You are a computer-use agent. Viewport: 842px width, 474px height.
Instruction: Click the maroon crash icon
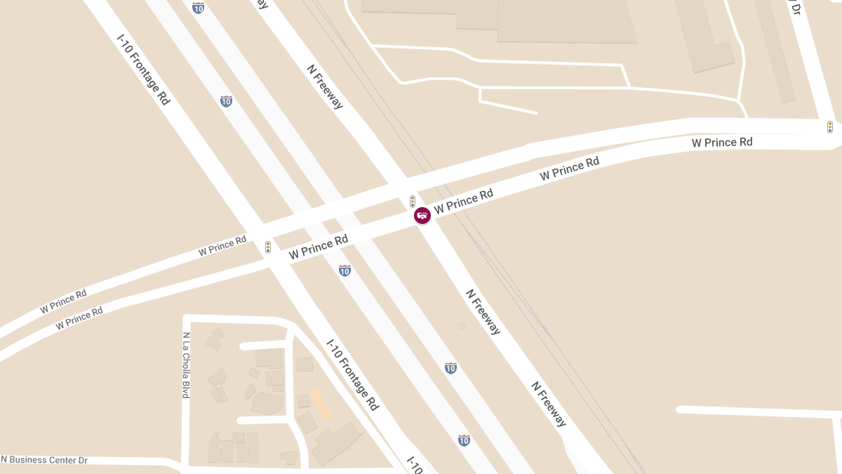422,216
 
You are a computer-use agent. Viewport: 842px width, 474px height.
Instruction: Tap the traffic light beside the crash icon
413,201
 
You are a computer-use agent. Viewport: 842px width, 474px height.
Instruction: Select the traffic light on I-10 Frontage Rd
268,247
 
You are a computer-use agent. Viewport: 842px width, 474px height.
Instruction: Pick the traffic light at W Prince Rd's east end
829,127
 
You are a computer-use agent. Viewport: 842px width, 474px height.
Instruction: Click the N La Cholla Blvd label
186,365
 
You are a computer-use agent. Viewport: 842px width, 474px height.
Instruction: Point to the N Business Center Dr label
44,460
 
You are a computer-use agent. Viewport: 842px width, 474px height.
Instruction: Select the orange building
321,404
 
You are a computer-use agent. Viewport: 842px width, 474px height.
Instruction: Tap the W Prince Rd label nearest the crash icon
463,202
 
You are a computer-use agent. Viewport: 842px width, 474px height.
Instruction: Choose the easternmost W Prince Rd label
721,143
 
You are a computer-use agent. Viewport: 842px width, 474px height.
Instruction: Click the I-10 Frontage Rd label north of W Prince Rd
143,68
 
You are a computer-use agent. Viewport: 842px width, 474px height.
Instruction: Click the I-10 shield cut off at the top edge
199,7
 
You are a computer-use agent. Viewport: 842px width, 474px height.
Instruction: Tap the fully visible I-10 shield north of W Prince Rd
226,101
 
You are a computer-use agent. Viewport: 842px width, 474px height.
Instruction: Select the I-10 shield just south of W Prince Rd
345,270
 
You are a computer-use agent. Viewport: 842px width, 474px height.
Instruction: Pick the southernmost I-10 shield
464,440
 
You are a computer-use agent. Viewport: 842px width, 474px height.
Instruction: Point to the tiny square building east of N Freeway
461,325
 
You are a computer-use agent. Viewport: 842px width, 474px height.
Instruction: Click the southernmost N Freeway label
549,404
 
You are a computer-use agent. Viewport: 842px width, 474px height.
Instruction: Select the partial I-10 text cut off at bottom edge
415,465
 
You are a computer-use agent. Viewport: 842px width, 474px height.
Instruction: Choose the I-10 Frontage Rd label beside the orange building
353,375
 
